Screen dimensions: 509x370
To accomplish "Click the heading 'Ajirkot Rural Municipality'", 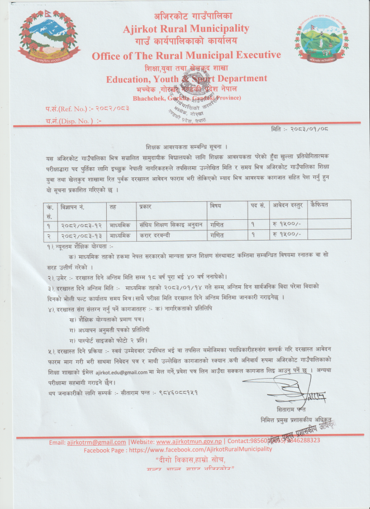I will (187, 29).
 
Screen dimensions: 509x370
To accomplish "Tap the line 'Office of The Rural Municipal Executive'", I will (186, 55).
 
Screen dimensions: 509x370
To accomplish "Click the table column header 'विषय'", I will (216, 206).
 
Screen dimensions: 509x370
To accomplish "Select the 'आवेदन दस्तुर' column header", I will (288, 206).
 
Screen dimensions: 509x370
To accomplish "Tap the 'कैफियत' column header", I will (322, 205).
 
